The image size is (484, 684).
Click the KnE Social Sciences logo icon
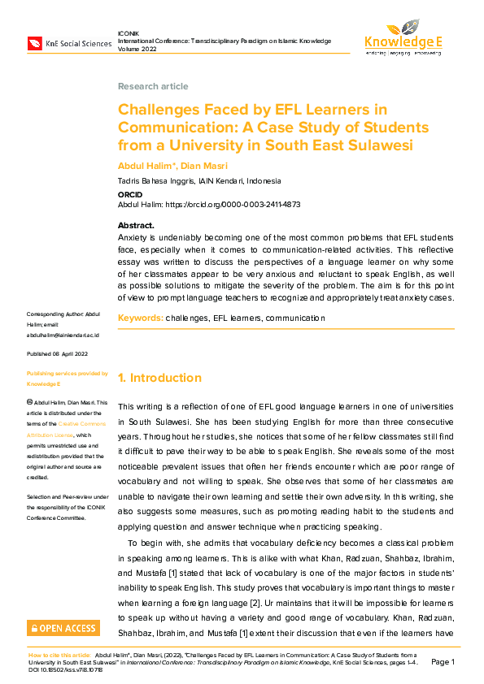[x=36, y=43]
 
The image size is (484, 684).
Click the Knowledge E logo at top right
[x=403, y=37]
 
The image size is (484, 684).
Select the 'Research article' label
[x=153, y=86]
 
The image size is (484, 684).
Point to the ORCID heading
[x=131, y=195]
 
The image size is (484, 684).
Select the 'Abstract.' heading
[x=136, y=225]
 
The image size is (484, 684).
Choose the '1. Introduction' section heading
[x=159, y=378]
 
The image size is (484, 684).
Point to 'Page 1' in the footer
[x=443, y=662]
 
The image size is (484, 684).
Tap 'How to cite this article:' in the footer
[x=59, y=654]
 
